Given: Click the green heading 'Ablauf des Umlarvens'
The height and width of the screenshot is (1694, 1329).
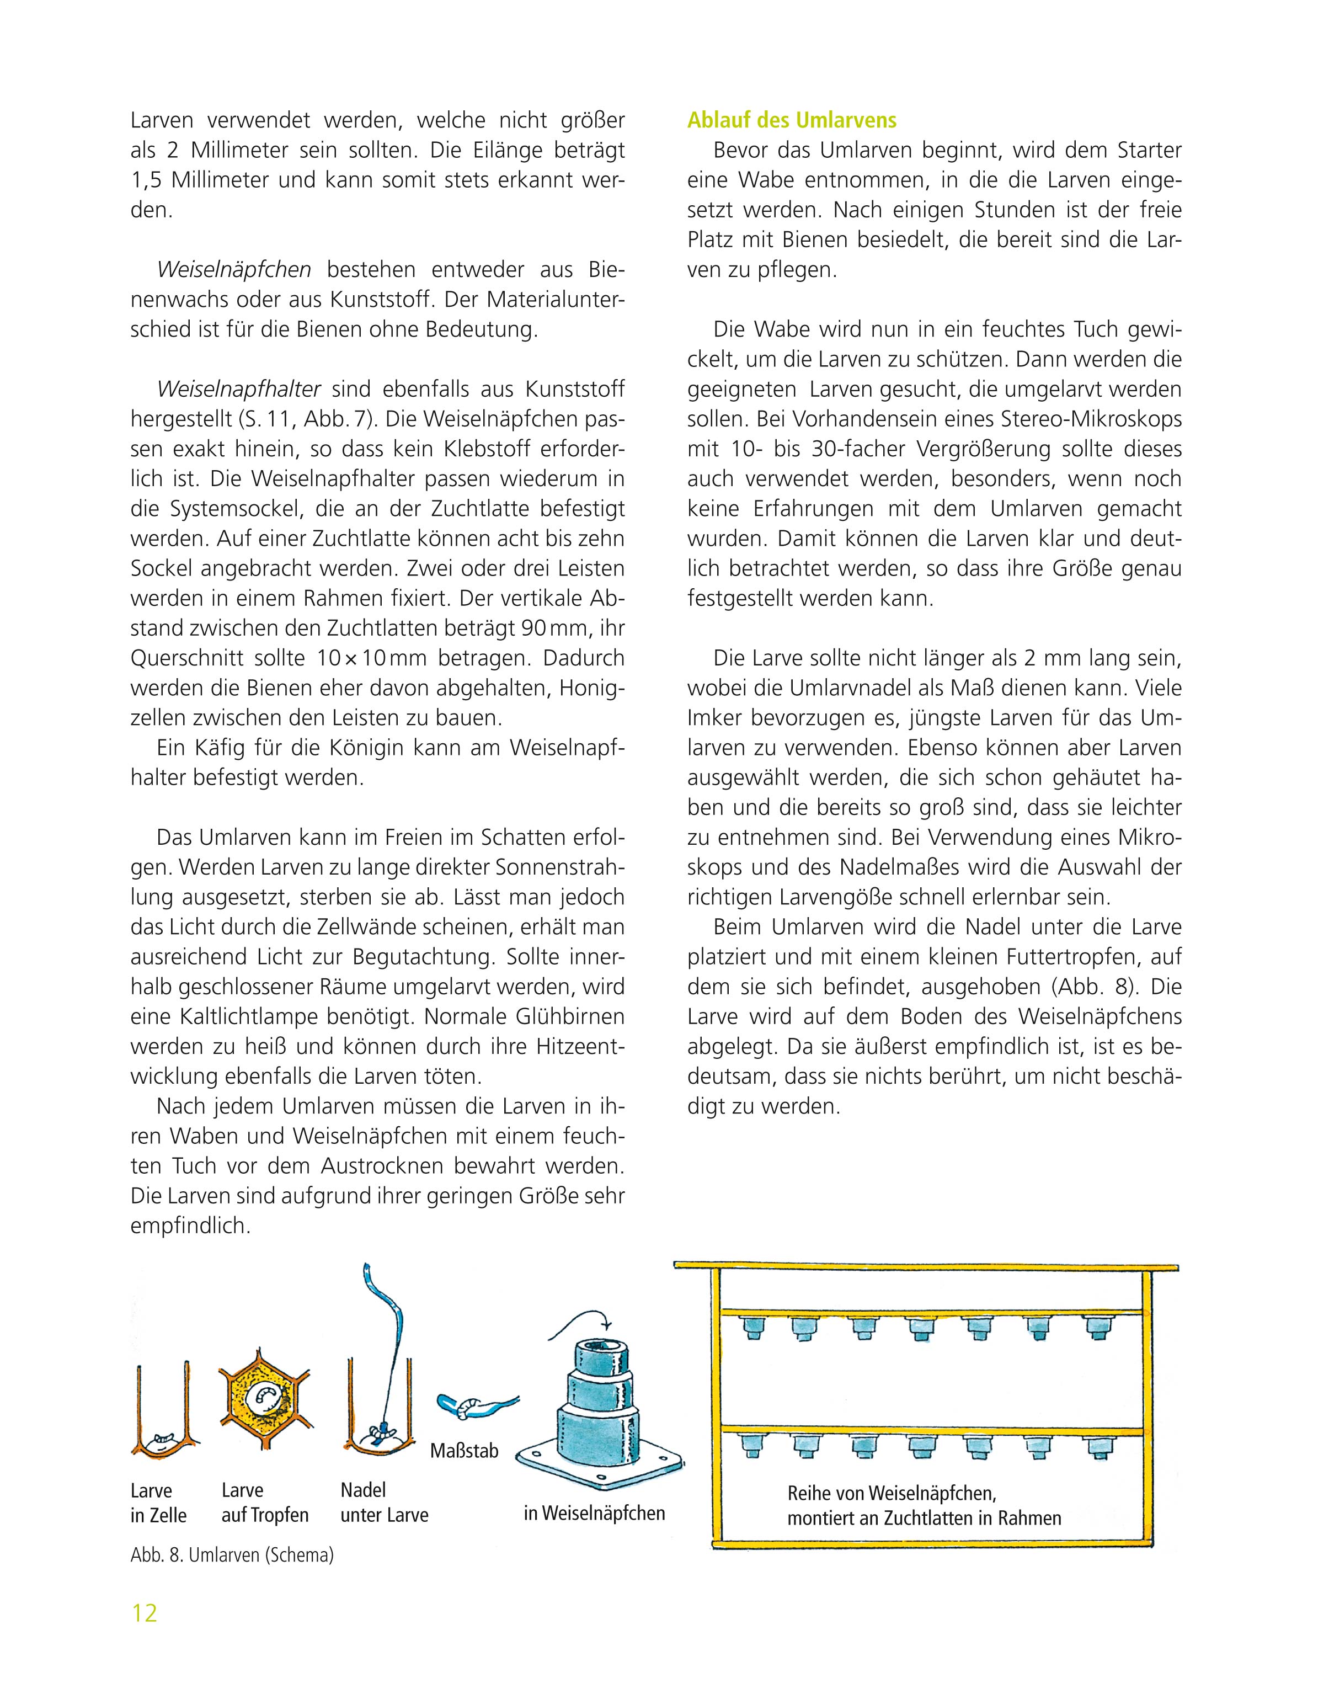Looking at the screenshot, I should click(x=791, y=121).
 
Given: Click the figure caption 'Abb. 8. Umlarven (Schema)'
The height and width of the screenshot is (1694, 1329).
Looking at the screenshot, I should click(x=232, y=1556).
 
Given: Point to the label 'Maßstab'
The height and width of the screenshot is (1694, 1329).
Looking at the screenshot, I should click(x=465, y=1451).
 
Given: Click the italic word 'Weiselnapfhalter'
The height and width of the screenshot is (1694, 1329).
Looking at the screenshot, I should click(x=239, y=388).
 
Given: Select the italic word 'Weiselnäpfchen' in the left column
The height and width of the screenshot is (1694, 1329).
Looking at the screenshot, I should click(x=234, y=269).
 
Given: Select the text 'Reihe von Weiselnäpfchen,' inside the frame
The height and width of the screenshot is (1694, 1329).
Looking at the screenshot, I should click(x=892, y=1493).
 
